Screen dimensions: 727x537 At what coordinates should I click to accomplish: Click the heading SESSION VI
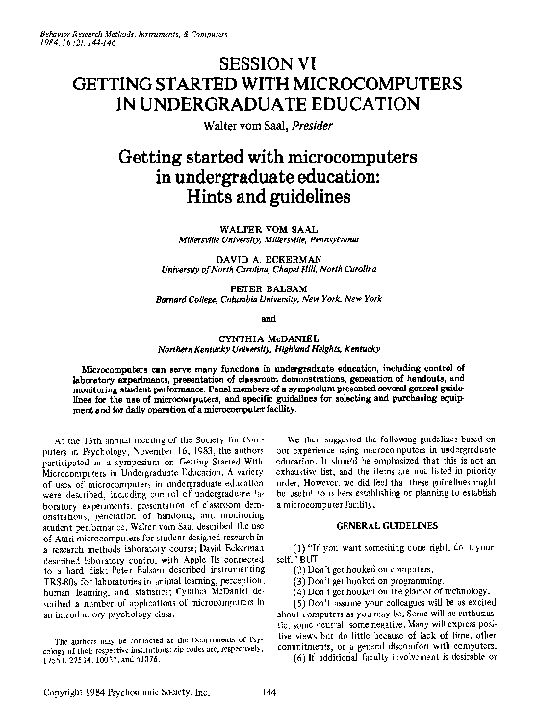coord(267,63)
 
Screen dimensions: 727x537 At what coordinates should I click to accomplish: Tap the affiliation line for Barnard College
coord(267,299)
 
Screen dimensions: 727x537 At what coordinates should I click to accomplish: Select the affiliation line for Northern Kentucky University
coord(267,350)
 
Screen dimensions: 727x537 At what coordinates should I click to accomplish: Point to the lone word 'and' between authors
coord(267,318)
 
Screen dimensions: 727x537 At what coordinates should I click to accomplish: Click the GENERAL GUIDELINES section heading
coord(388,525)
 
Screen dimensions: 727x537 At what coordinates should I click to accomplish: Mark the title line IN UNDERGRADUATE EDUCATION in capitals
coord(267,104)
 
